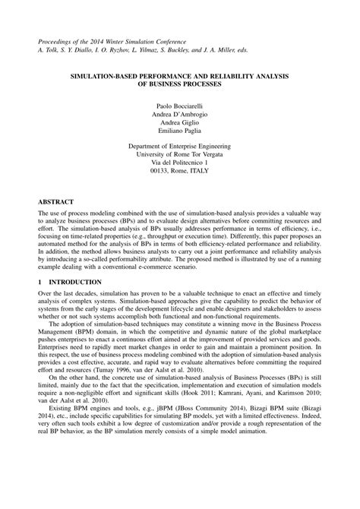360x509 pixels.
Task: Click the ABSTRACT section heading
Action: point(58,203)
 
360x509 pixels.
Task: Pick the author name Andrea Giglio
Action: point(179,122)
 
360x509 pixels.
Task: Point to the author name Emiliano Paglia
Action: point(179,132)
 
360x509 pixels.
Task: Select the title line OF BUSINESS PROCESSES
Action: point(179,85)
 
